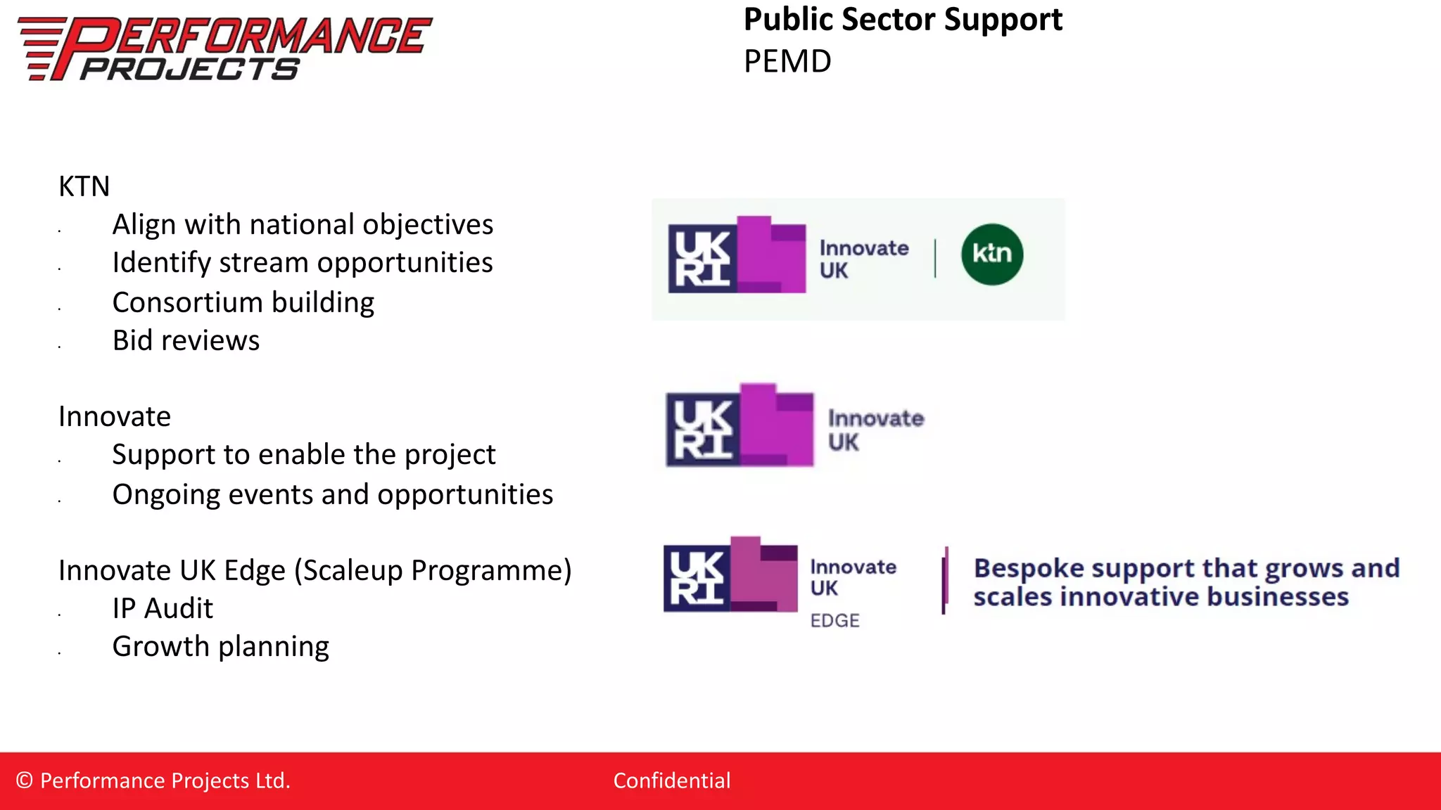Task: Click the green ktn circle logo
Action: pos(992,255)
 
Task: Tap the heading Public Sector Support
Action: pos(903,20)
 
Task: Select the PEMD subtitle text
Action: pos(787,62)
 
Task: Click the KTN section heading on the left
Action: pos(84,187)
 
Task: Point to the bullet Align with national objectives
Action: pos(303,225)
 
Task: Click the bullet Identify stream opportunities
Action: pos(303,263)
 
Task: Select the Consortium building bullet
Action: pos(243,302)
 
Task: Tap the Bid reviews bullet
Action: pos(186,341)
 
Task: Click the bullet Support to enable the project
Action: pos(304,455)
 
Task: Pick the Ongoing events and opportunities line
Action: pos(333,495)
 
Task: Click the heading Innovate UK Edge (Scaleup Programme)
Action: pos(315,571)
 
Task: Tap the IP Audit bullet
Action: pos(163,609)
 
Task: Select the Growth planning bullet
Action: pos(221,647)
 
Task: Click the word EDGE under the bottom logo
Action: pos(835,621)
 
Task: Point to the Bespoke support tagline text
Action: pos(1186,582)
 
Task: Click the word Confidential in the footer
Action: pos(672,781)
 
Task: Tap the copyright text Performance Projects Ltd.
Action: pos(153,781)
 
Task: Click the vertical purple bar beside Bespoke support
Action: pos(945,581)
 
